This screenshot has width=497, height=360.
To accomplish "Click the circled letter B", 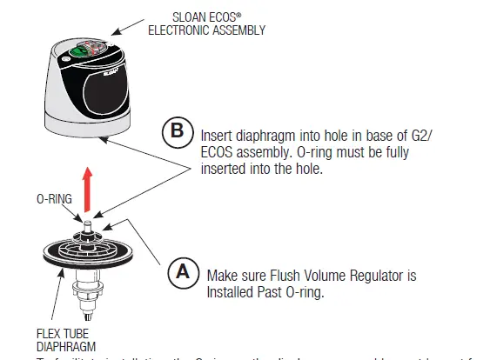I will [178, 132].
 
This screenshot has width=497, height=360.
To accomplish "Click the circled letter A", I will [183, 273].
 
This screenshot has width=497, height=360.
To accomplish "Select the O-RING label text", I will [53, 198].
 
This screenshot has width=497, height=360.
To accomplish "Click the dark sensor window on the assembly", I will [110, 89].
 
